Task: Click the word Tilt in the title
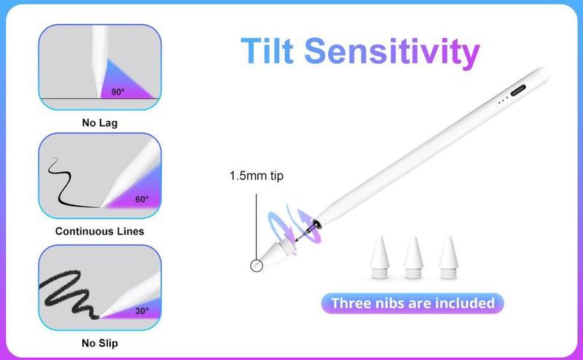click(x=267, y=50)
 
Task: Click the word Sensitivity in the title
click(x=392, y=52)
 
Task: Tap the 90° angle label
click(x=118, y=92)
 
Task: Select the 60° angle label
click(x=141, y=200)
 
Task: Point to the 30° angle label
click(x=142, y=310)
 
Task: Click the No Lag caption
click(x=100, y=122)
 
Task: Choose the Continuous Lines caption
click(x=100, y=231)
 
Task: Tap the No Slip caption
click(x=100, y=343)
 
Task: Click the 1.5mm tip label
click(x=257, y=176)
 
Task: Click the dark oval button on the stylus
click(x=518, y=90)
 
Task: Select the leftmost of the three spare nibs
click(x=379, y=257)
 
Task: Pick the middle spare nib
click(x=413, y=257)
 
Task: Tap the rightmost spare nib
click(x=448, y=257)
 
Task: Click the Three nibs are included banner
click(x=412, y=303)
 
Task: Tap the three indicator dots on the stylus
click(x=503, y=99)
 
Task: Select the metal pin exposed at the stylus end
click(x=305, y=232)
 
